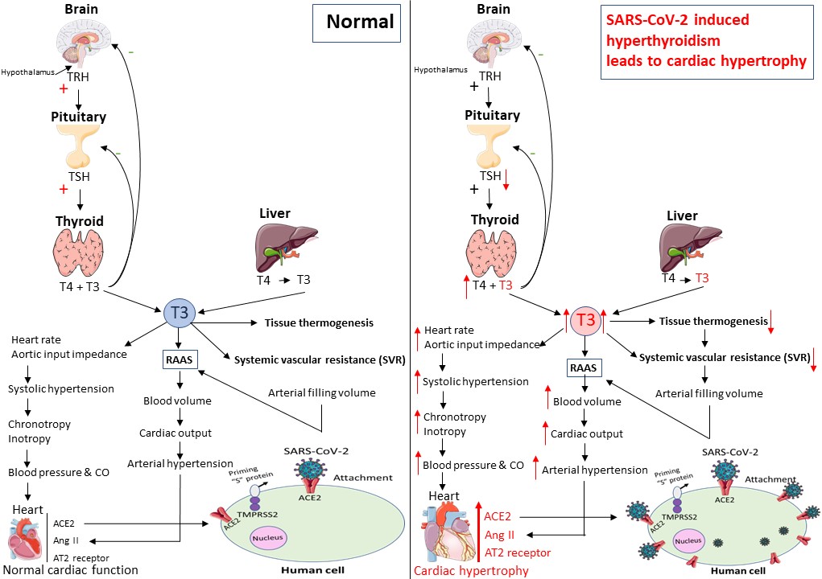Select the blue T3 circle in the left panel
[x=180, y=312]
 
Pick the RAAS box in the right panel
[x=584, y=368]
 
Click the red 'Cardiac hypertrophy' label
[x=471, y=571]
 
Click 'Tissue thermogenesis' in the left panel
[x=319, y=323]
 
